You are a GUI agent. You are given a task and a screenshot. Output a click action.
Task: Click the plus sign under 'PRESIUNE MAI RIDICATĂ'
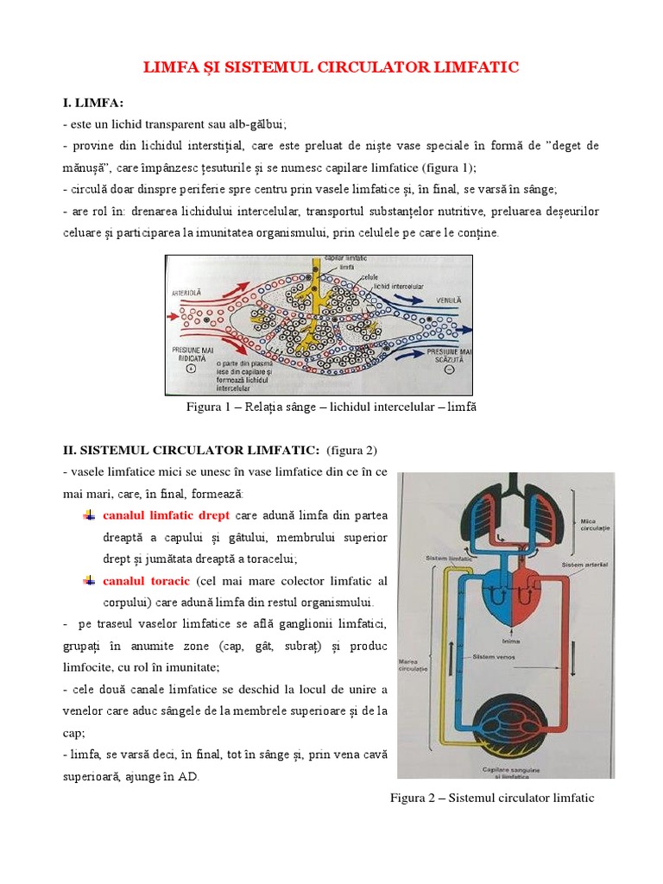(x=191, y=369)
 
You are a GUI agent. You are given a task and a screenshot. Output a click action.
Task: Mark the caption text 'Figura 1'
(x=209, y=407)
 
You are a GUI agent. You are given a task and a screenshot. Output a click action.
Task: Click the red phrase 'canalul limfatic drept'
(x=166, y=515)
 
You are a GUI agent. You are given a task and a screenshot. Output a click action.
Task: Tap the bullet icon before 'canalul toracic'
(x=89, y=580)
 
